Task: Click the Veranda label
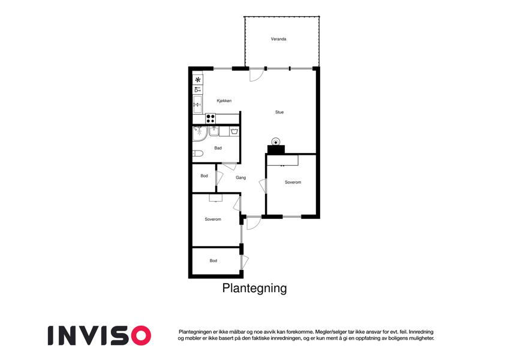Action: (x=279, y=39)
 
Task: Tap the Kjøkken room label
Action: (x=224, y=101)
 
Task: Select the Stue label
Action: (x=279, y=112)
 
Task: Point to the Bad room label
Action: (x=218, y=148)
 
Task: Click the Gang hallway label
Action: (x=240, y=178)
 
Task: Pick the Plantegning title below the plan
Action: (x=254, y=288)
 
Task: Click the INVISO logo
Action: (x=100, y=335)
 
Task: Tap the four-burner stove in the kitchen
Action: (x=210, y=118)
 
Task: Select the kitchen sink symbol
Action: (x=197, y=104)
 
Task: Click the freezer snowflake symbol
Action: (x=198, y=80)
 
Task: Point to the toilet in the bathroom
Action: (x=198, y=154)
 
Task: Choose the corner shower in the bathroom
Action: (x=200, y=134)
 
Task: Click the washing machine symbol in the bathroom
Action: (x=234, y=131)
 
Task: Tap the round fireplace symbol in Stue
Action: (x=276, y=142)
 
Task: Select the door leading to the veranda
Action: (x=256, y=75)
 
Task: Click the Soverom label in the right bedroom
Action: (x=293, y=182)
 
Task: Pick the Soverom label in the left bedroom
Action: (x=213, y=220)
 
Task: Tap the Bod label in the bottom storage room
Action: (x=213, y=260)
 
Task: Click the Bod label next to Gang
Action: (x=204, y=176)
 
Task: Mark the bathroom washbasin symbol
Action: (x=213, y=131)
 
